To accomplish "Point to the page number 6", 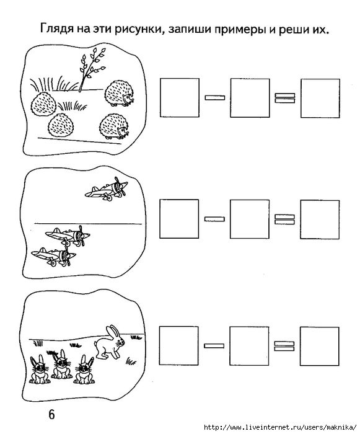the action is coord(51,414).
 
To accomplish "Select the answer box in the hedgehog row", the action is coord(320,98).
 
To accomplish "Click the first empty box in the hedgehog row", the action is coord(180,98).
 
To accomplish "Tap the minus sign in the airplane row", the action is coord(214,219).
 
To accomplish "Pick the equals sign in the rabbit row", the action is coord(284,346).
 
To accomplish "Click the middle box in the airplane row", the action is coord(250,219).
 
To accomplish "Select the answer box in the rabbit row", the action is coord(320,346).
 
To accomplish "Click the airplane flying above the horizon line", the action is coord(107,188).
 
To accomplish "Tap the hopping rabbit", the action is coord(109,342).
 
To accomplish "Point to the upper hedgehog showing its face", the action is coord(119,93).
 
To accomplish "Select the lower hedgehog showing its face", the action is coord(114,126).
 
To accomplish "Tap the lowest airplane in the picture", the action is coord(54,257).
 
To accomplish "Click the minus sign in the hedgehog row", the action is coord(215,97).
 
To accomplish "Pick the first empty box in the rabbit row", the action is coord(178,346).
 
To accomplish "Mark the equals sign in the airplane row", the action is coord(284,219).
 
